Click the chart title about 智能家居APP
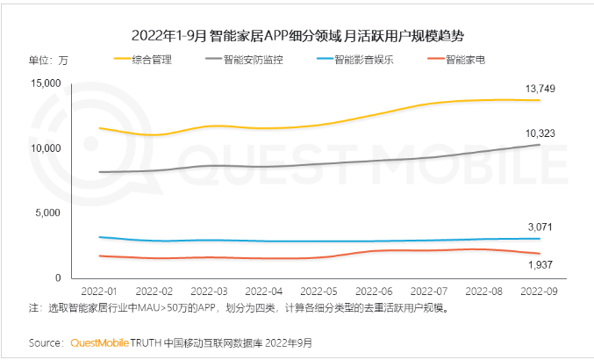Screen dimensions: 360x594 point(297,36)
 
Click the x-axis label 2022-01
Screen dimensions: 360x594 point(99,291)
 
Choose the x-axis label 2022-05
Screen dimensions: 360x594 point(319,291)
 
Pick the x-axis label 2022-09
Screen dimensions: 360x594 point(540,291)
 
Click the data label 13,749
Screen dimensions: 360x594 point(540,89)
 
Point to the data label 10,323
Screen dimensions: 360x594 point(540,133)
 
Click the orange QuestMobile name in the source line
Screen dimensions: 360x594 point(100,342)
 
